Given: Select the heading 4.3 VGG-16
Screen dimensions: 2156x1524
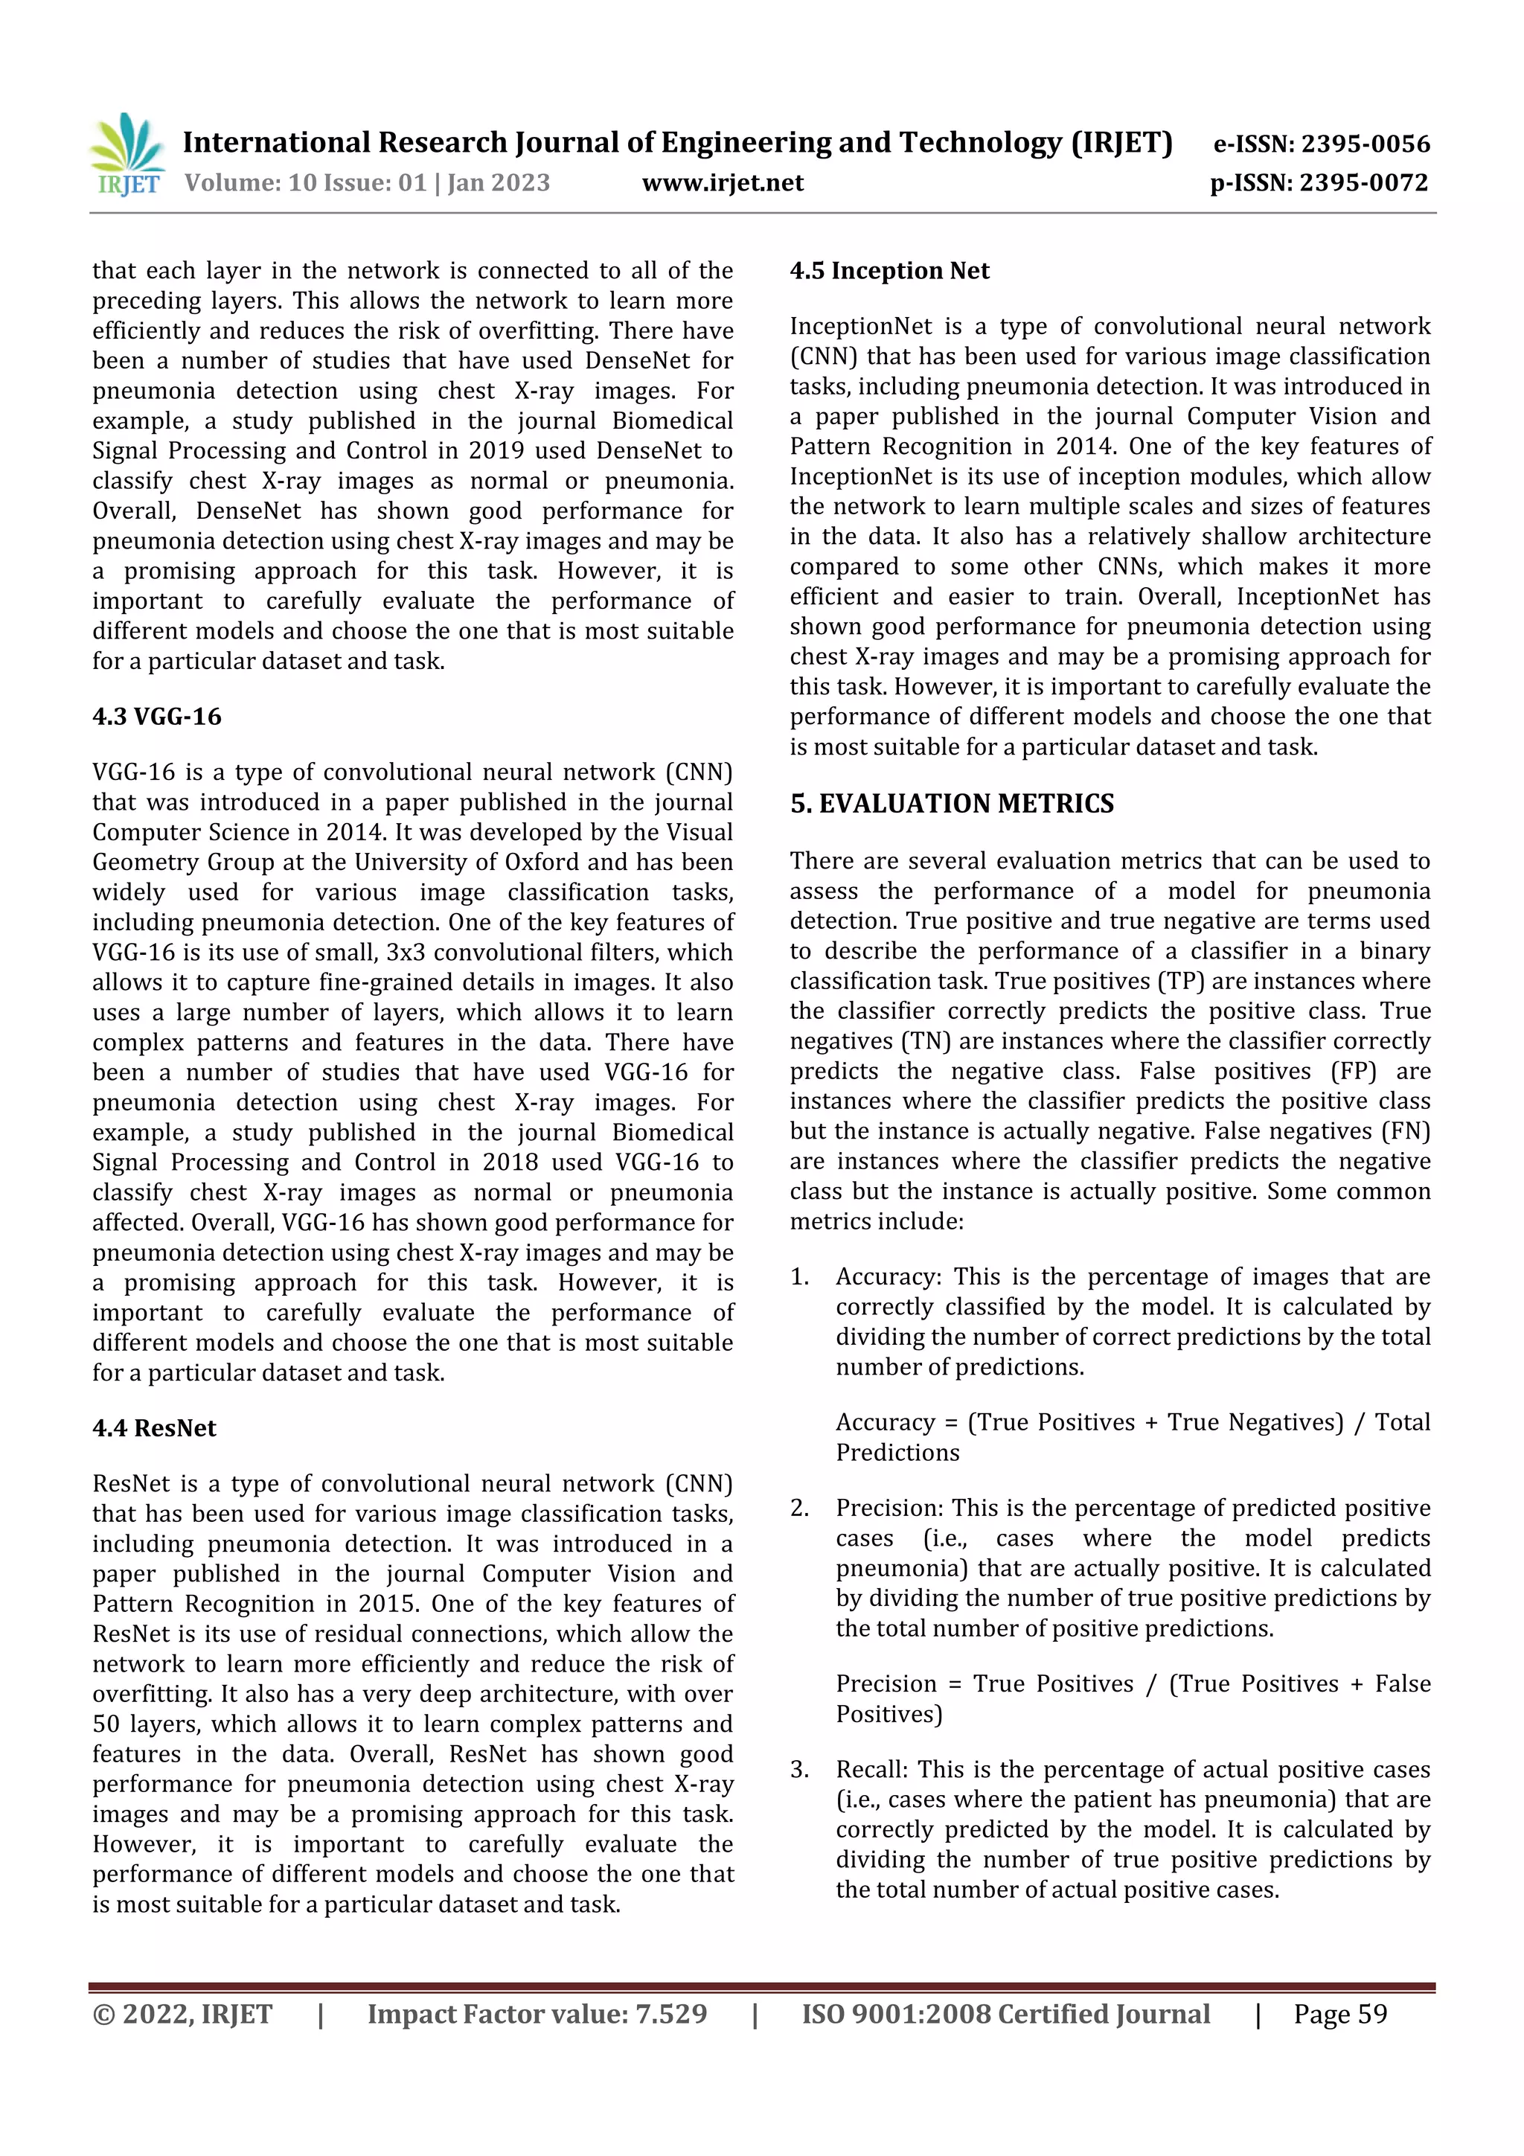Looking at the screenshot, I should tap(157, 717).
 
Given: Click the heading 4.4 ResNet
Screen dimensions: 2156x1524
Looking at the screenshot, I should tap(154, 1428).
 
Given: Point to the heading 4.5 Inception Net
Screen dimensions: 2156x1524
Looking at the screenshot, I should tap(889, 272).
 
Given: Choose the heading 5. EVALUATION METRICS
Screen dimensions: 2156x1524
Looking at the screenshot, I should tap(951, 804).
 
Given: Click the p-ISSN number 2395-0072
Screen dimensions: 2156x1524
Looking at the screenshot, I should tap(1363, 182).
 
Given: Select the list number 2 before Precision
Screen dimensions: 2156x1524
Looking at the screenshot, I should tap(798, 1508).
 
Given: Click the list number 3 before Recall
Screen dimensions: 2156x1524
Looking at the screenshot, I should tap(798, 1770).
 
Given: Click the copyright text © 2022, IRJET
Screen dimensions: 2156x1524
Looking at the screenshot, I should tap(182, 2014).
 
